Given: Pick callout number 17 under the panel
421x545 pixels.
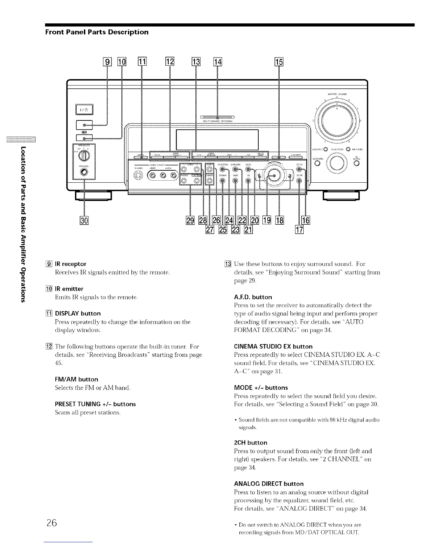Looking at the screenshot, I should (x=299, y=230).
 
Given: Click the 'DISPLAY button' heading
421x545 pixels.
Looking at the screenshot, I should (x=78, y=313).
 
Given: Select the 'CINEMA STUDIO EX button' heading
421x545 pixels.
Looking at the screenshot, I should (x=273, y=346).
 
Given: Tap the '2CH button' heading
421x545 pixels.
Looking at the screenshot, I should (x=250, y=442).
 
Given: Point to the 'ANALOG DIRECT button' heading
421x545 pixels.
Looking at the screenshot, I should (x=269, y=484).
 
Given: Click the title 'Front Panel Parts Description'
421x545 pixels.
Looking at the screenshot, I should (x=97, y=32).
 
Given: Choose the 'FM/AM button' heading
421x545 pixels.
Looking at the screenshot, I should (x=76, y=379).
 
